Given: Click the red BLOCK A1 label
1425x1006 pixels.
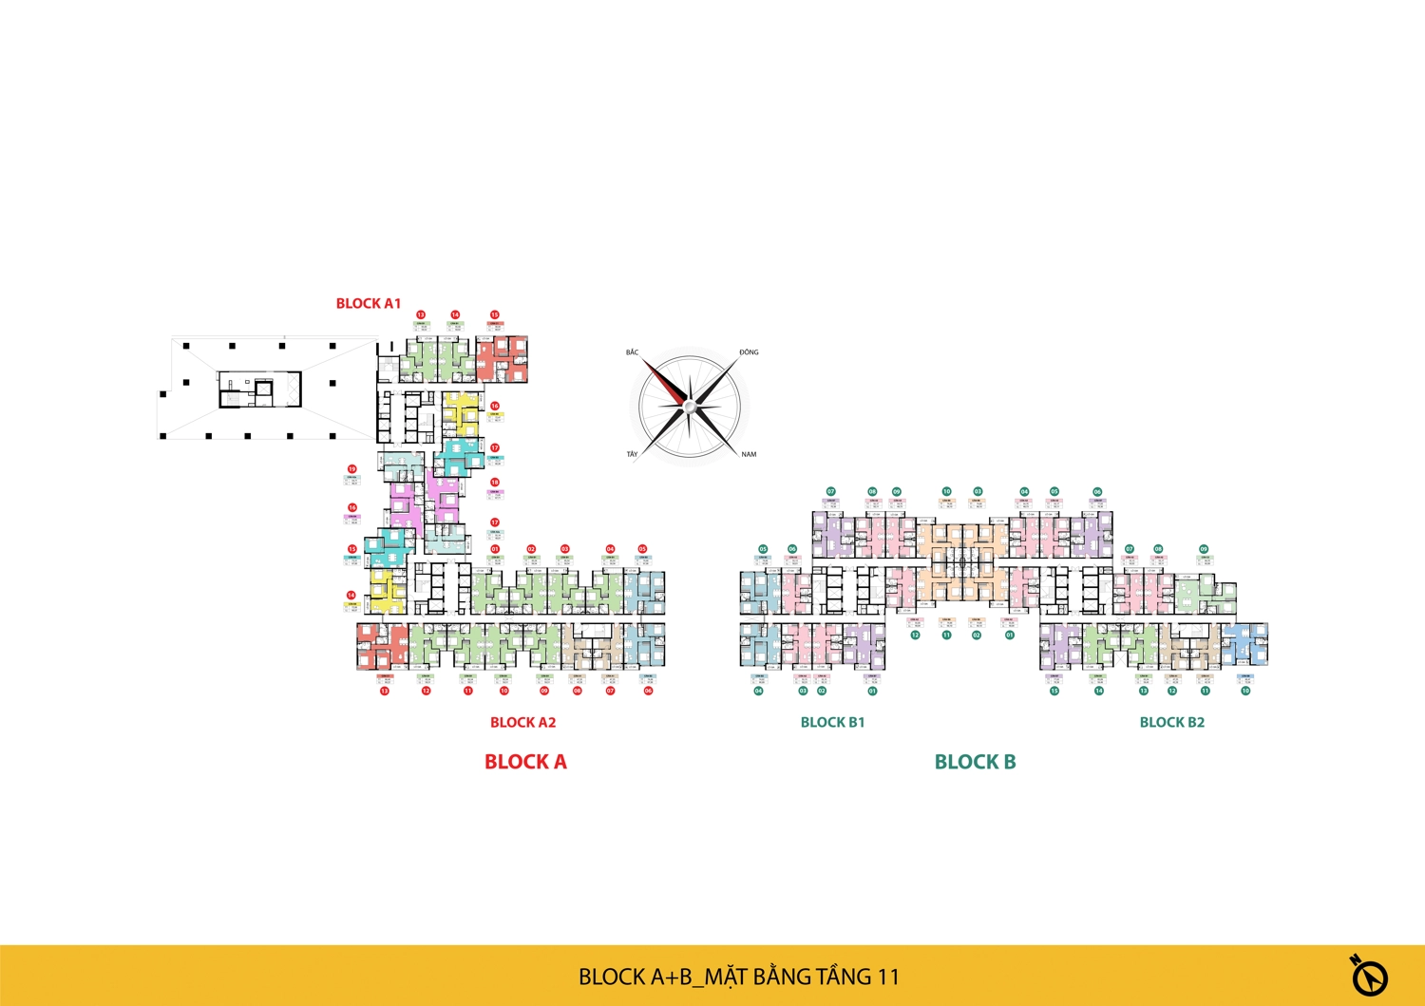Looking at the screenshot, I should tap(369, 304).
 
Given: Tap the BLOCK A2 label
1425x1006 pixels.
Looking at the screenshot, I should tap(522, 723).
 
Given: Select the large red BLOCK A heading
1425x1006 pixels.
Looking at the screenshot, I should tap(525, 762).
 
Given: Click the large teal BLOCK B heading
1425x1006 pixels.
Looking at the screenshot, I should tap(975, 762).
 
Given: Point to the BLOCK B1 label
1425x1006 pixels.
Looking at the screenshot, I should tap(832, 723).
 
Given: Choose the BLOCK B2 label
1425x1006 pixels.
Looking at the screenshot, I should tap(1171, 723).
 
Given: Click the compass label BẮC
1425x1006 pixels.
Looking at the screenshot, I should tap(633, 352).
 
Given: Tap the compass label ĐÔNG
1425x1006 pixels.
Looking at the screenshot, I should tap(749, 352).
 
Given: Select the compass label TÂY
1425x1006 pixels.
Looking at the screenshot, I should tap(632, 455).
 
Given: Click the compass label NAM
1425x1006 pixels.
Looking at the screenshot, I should tap(749, 455).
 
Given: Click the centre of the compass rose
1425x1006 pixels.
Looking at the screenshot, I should tap(691, 407).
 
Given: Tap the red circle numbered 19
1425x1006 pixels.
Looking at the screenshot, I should tap(351, 469).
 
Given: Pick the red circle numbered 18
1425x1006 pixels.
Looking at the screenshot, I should tap(495, 483).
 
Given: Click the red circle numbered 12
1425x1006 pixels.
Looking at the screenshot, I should tap(427, 691).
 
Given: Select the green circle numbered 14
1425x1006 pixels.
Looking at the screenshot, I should tap(1098, 691).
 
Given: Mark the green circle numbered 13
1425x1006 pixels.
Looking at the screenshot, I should tap(1144, 691).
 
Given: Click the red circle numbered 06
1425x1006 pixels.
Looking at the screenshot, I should tap(649, 691).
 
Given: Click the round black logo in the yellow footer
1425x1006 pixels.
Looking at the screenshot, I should tap(1369, 976).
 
